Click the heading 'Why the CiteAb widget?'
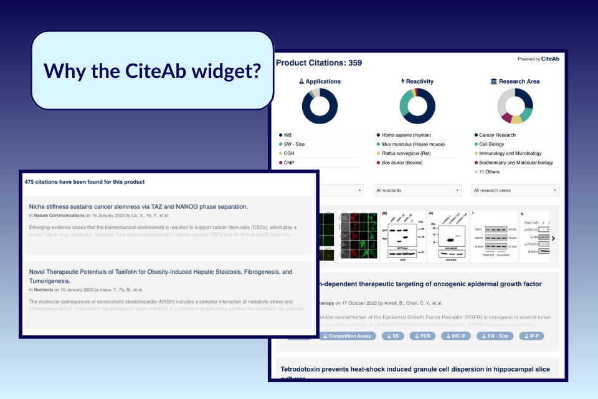[152, 70]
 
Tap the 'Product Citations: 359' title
[318, 62]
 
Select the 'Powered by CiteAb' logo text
[538, 59]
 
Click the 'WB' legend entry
[288, 135]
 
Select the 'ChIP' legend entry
[290, 163]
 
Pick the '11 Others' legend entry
[490, 171]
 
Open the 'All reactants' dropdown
[417, 190]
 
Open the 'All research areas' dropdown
[515, 190]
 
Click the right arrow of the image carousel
[553, 238]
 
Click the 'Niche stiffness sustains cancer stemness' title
[138, 206]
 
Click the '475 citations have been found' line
[85, 182]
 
